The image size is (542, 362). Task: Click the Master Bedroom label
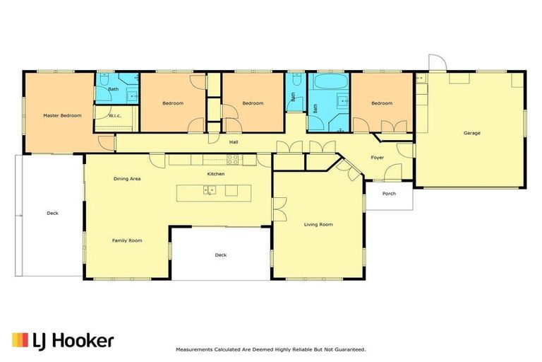coord(62,115)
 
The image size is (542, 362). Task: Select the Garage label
coord(471,133)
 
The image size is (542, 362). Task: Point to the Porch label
coord(389,194)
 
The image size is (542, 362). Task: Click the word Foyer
coord(378,158)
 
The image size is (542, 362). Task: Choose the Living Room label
coord(318,225)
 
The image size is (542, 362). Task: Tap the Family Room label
coord(127,240)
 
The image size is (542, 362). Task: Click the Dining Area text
coord(127,179)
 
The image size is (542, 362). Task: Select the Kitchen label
coord(215,174)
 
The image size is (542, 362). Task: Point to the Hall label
coord(233,142)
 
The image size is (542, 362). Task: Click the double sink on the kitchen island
coord(210,190)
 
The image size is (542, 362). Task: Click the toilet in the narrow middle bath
coord(293,107)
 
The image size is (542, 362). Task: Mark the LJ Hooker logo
coord(63,340)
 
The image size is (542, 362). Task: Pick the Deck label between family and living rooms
coord(221,255)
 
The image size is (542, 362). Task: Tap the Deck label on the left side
coord(52,213)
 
